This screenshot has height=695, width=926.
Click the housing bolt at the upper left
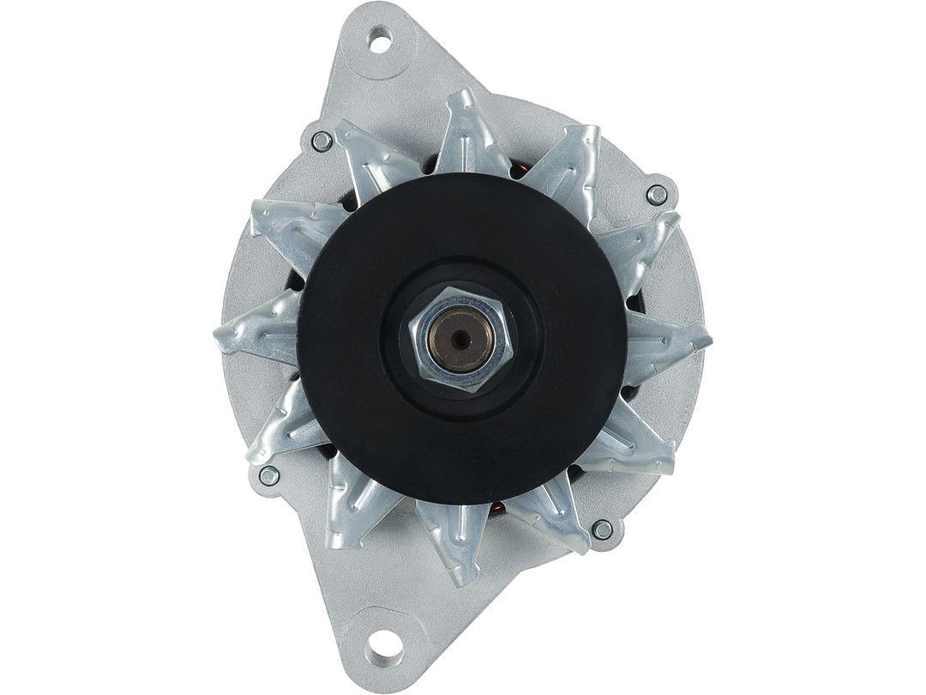pyautogui.click(x=322, y=141)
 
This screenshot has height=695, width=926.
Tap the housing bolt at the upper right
pyautogui.click(x=657, y=195)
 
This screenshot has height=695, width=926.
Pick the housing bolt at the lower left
pyautogui.click(x=269, y=475)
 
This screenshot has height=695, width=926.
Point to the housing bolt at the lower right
pyautogui.click(x=603, y=529)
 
